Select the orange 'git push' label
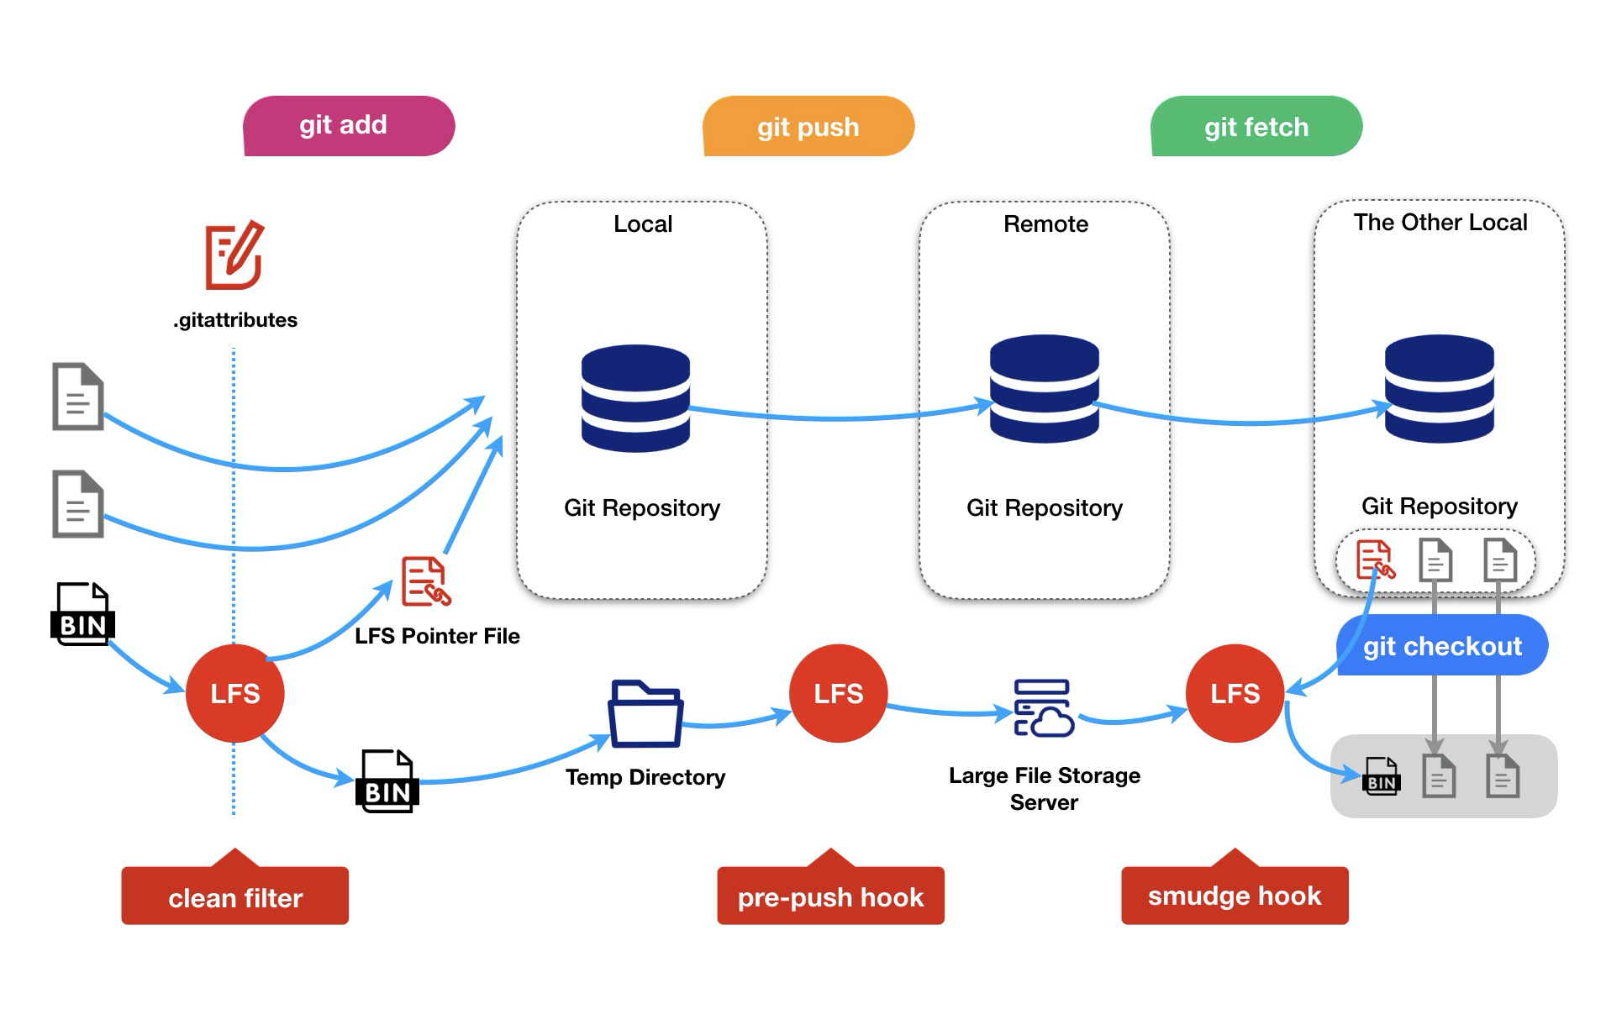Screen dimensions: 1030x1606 (x=808, y=127)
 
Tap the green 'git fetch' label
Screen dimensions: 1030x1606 (x=1256, y=127)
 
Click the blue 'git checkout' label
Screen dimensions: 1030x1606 (x=1441, y=646)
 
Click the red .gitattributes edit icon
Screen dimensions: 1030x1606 (x=234, y=255)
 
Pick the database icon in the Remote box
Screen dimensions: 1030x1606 (x=1044, y=388)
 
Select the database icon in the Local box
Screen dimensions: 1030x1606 (x=635, y=397)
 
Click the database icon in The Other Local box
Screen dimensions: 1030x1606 (x=1439, y=388)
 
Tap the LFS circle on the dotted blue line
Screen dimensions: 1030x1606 (x=234, y=693)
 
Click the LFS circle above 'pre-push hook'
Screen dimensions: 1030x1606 (x=838, y=693)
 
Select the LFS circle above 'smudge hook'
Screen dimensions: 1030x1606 (x=1235, y=693)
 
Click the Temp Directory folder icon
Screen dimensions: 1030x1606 (x=645, y=714)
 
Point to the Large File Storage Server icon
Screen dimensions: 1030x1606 (x=1043, y=708)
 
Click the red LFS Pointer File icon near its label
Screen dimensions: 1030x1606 (x=425, y=581)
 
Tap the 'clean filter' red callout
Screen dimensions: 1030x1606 (x=234, y=896)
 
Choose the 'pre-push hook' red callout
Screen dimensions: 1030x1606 (x=830, y=896)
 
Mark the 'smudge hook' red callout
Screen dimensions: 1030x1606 (x=1235, y=896)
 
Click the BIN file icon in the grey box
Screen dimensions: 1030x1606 (x=1380, y=776)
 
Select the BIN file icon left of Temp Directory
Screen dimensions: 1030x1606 (x=387, y=781)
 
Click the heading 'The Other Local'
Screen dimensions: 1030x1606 (x=1440, y=223)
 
